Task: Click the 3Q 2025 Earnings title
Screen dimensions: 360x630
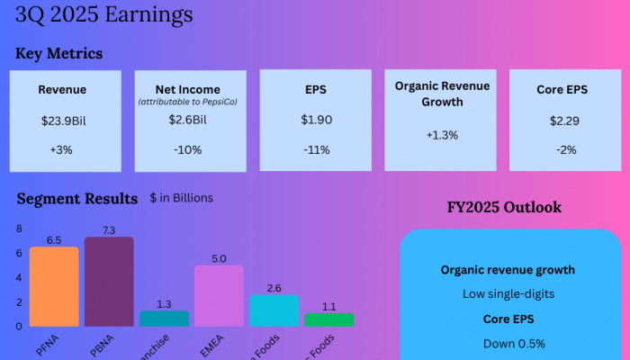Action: pos(103,14)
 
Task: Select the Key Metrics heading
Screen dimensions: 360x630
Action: pos(58,54)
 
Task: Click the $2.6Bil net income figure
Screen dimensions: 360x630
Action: pos(191,120)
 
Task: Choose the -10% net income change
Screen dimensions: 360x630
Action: pos(190,149)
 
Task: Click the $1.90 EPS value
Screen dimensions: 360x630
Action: pos(315,120)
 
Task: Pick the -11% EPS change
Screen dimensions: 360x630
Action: pos(315,149)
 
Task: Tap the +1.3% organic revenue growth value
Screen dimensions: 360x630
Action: pos(442,135)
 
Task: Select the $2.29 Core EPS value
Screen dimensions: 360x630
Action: pos(567,120)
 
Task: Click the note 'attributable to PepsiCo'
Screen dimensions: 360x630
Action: pos(191,103)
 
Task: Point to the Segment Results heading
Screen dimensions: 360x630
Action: pos(76,198)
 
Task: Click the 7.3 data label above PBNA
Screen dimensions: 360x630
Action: pos(109,231)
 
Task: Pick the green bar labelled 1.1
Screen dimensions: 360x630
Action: pos(329,319)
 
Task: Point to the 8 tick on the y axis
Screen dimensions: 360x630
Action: pos(18,229)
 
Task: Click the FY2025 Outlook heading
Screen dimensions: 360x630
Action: pos(504,207)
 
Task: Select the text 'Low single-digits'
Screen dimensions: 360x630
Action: pos(508,294)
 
